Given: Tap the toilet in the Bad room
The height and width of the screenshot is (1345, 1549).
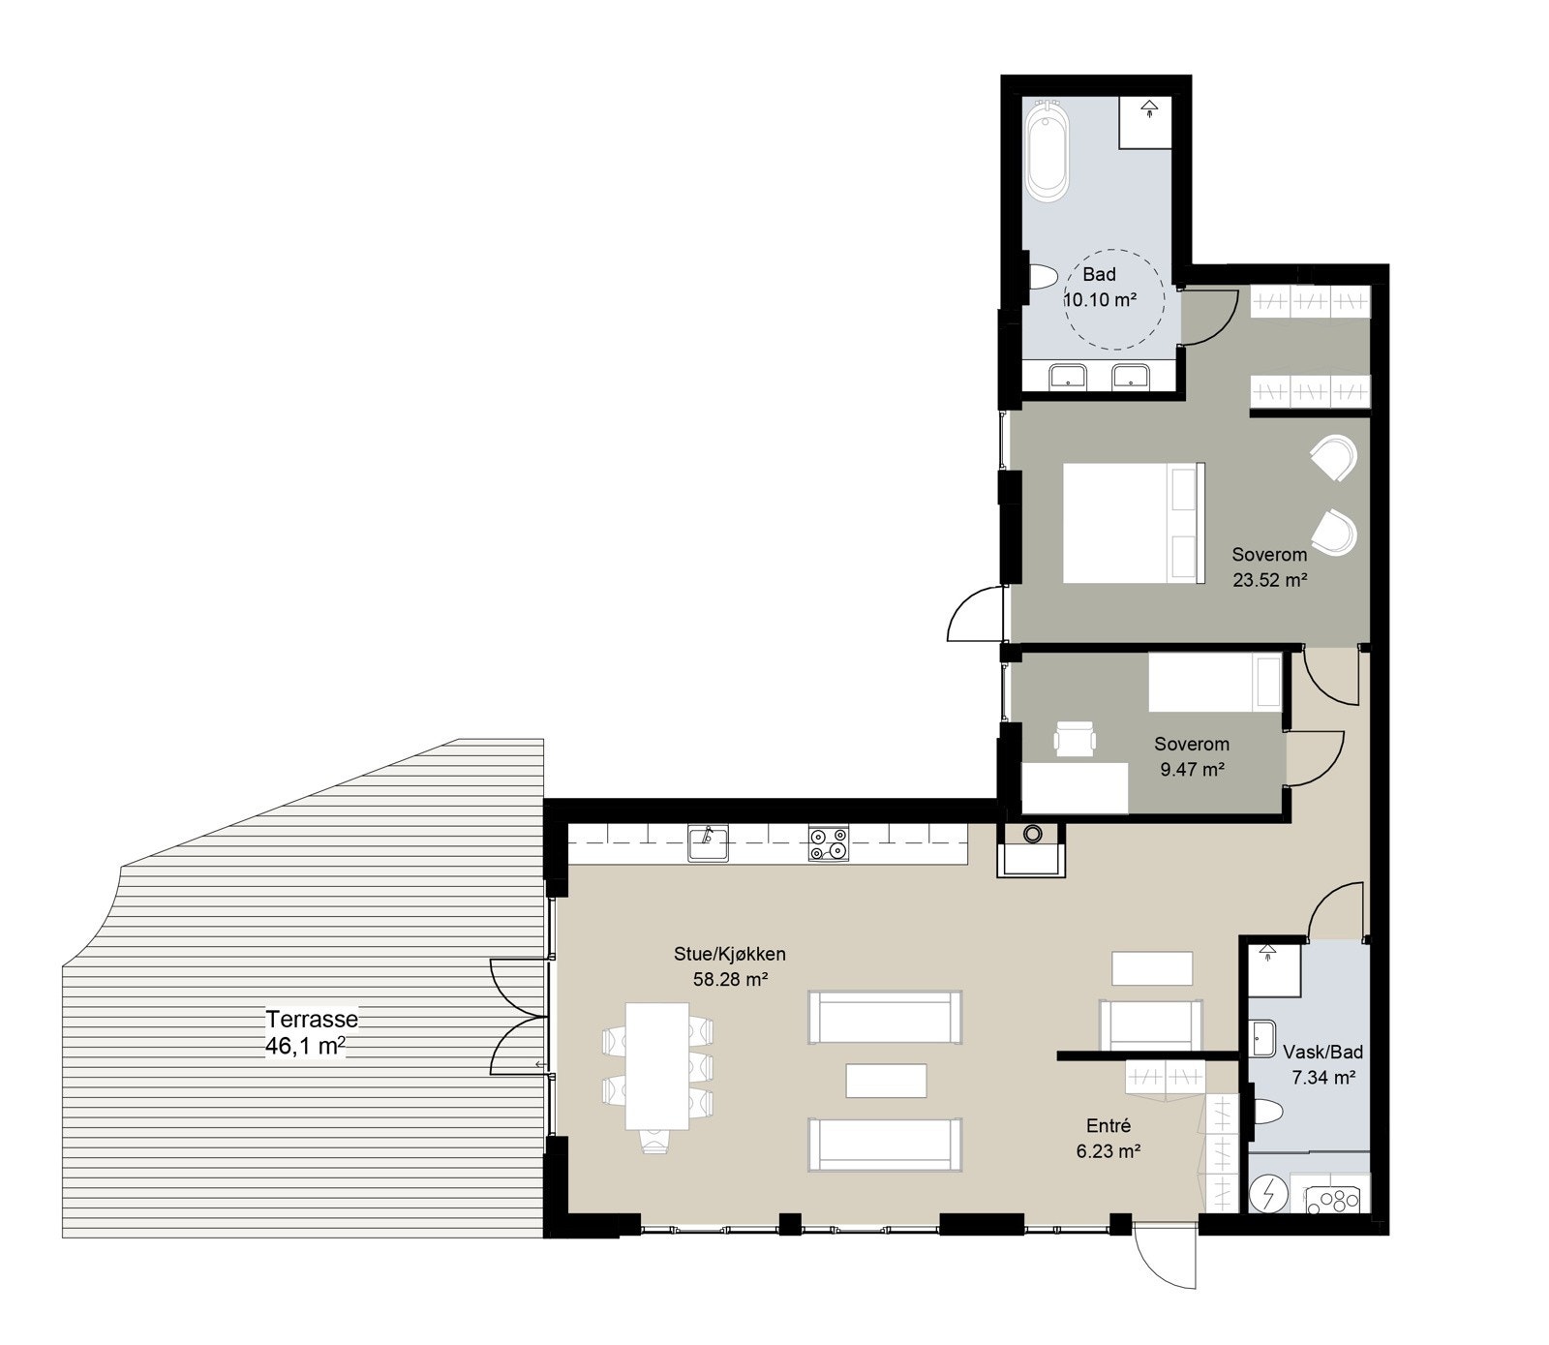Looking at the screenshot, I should tap(1041, 279).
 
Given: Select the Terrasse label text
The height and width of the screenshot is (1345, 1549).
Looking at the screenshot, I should tap(312, 1019).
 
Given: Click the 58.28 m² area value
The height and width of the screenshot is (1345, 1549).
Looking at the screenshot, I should tap(730, 979).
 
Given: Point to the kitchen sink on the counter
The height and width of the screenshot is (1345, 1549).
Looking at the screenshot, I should tap(708, 843).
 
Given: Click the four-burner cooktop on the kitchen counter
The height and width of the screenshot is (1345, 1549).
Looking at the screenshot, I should tap(829, 843).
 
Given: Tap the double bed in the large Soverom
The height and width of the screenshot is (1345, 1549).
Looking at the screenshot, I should tap(1134, 523).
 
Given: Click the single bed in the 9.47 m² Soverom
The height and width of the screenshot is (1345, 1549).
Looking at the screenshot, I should tap(1215, 682).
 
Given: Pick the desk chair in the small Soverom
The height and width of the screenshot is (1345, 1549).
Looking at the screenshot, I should tap(1077, 739).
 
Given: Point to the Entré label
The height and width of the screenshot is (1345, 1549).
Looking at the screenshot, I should tap(1109, 1126).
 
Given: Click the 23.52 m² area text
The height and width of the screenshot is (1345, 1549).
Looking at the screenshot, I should tap(1270, 580).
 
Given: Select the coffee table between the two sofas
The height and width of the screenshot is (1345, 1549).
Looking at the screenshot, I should tap(886, 1081).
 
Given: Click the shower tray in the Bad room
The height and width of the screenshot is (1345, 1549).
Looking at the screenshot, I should tap(1147, 122).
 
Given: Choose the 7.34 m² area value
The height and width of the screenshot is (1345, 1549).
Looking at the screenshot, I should tap(1322, 1076).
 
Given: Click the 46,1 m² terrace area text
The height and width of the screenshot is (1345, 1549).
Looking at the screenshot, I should tap(305, 1046).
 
